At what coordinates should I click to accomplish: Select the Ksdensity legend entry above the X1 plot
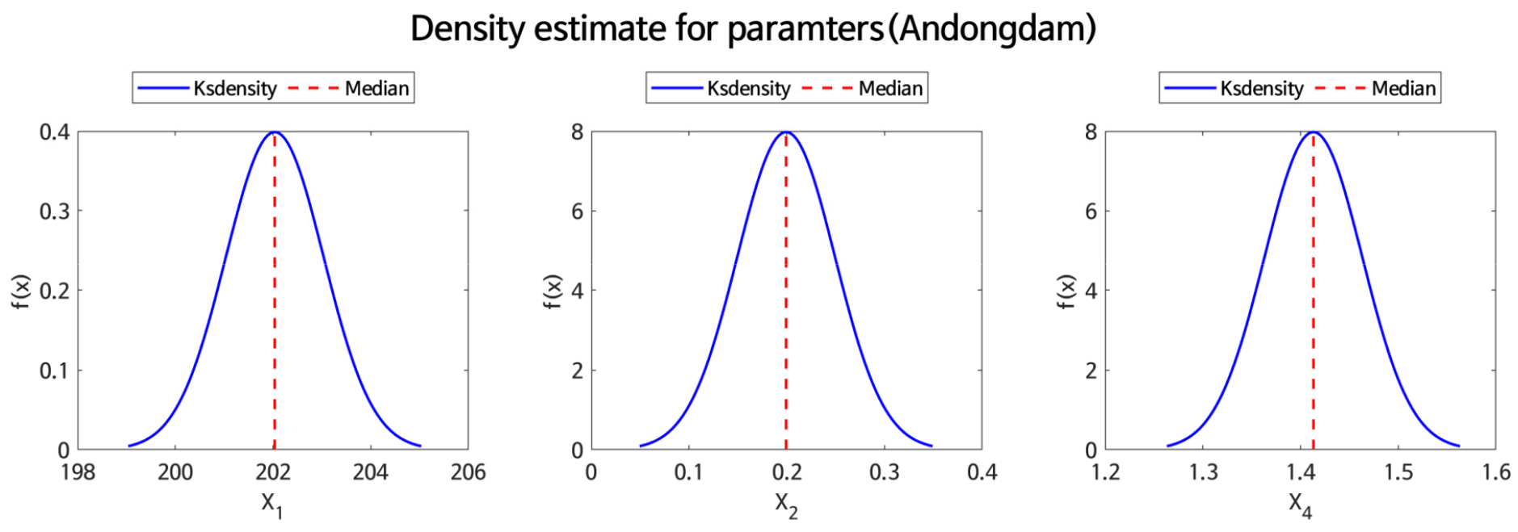click(x=234, y=88)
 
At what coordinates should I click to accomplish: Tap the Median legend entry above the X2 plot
click(x=889, y=88)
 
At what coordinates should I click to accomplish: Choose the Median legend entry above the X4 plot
click(x=1403, y=88)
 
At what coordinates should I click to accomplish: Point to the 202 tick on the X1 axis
click(x=273, y=472)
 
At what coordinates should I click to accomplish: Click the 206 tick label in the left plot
click(x=468, y=472)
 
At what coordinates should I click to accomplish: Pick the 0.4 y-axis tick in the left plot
click(x=54, y=132)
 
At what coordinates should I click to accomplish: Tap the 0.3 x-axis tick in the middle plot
click(x=884, y=472)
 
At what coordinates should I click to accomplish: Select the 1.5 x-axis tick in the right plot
click(x=1398, y=472)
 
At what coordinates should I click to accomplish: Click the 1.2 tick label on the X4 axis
click(x=1105, y=472)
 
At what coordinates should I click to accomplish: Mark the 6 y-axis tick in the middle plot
click(x=577, y=212)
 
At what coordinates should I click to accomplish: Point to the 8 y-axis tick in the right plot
click(x=1091, y=132)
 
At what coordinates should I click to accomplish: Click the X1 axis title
click(x=271, y=505)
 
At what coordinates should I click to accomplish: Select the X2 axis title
click(x=786, y=505)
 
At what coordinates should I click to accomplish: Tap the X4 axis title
click(x=1300, y=505)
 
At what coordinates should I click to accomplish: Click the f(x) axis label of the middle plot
click(x=553, y=291)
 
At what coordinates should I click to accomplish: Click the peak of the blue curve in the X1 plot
click(x=275, y=132)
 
